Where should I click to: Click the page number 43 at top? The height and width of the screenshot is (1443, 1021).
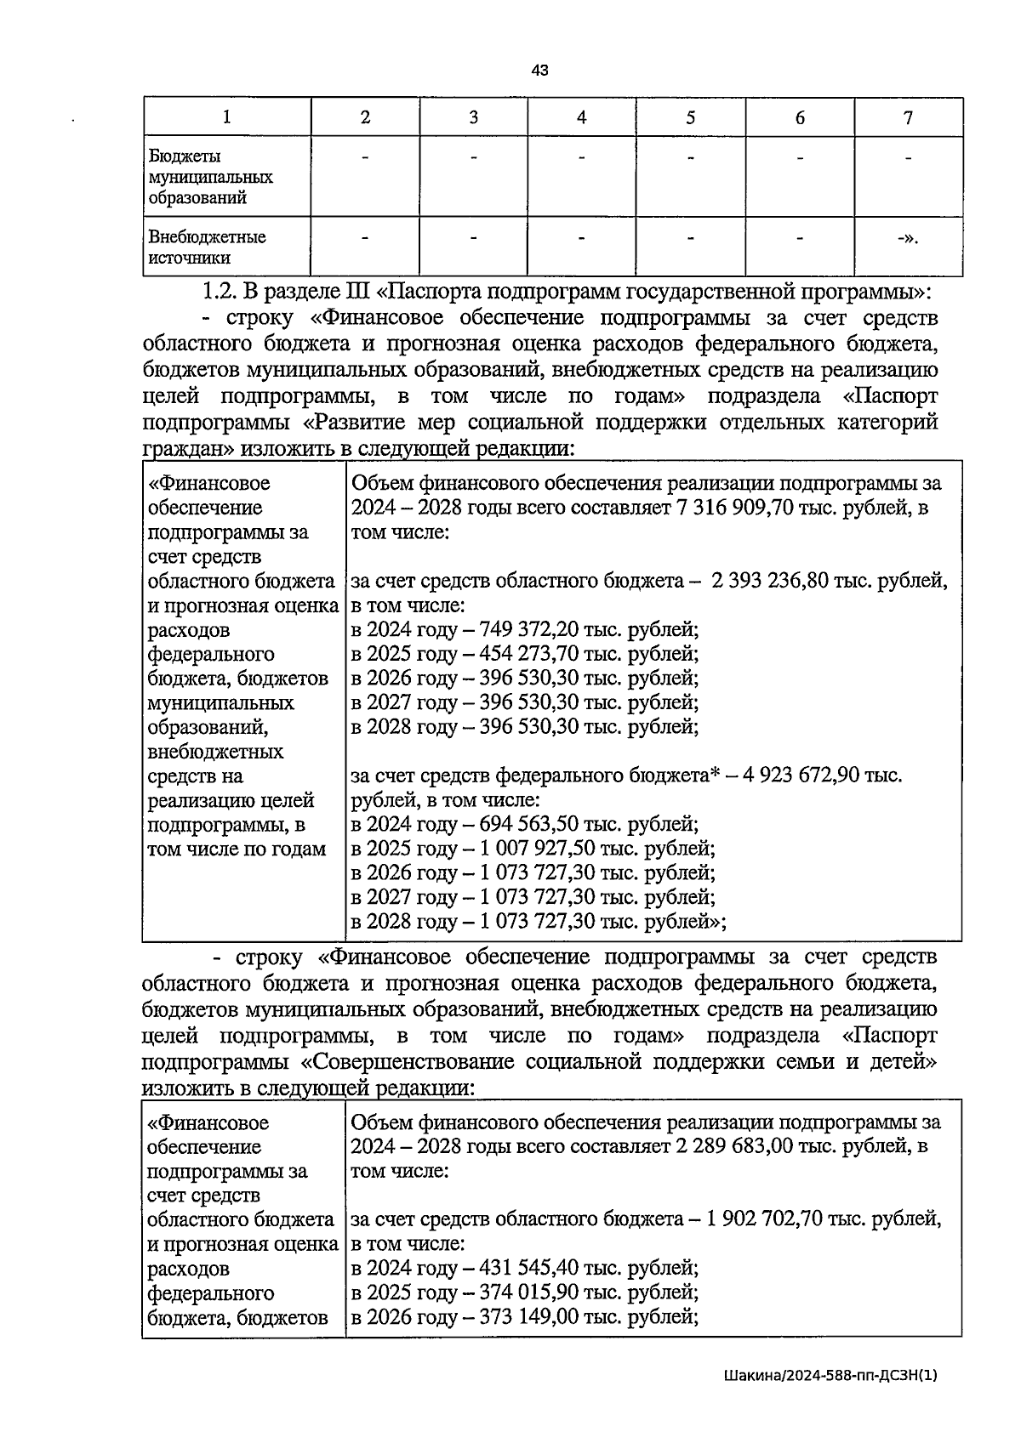[x=539, y=71]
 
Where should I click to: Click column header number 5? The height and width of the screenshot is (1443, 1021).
[x=690, y=118]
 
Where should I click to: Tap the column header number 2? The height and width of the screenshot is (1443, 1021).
[x=365, y=118]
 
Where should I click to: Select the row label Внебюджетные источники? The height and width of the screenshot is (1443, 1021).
[x=207, y=247]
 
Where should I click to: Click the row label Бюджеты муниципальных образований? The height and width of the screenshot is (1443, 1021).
[x=210, y=177]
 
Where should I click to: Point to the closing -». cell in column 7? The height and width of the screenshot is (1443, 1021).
[x=908, y=238]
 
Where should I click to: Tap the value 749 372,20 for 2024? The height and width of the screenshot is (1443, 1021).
[x=529, y=630]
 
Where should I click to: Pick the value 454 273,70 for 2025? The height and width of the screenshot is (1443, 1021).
[x=529, y=655]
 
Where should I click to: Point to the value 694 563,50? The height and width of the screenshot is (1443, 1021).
[x=529, y=825]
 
